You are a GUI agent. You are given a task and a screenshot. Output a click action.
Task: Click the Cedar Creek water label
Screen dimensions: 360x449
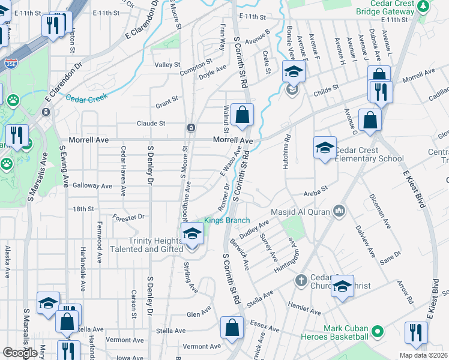pos(86,97)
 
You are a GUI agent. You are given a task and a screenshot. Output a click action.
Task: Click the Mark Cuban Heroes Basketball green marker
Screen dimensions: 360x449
pos(378,331)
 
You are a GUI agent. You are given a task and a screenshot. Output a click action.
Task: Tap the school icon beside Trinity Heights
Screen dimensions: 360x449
pos(192,234)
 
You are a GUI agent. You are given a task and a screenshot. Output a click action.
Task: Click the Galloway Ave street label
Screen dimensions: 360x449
pos(92,186)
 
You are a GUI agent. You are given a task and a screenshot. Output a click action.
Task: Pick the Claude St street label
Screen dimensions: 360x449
pos(151,123)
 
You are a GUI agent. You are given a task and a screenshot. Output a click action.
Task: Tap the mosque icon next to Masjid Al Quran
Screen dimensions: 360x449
pos(340,211)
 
